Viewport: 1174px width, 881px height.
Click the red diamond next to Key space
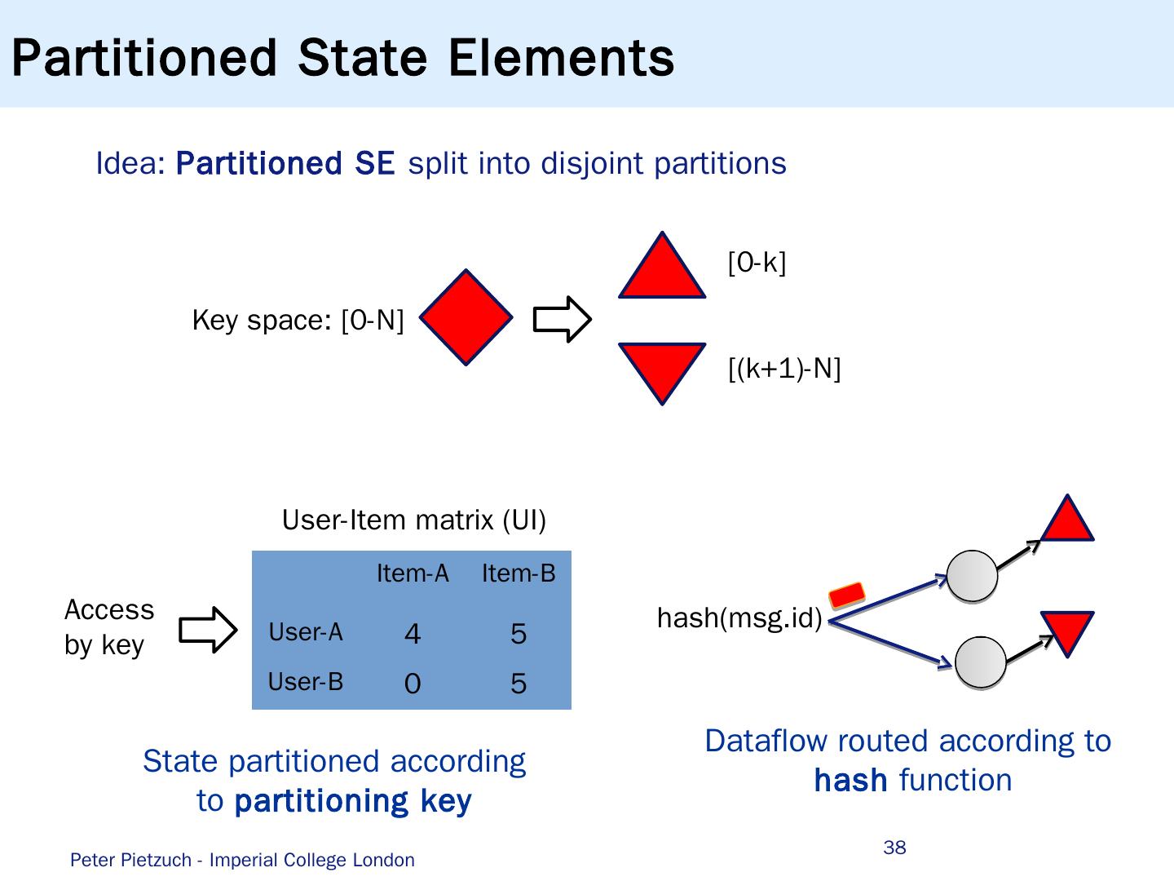click(x=466, y=317)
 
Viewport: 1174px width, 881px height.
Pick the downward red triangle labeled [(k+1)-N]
click(x=662, y=366)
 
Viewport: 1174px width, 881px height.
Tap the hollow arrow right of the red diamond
click(x=562, y=319)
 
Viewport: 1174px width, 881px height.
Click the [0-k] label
click(x=757, y=263)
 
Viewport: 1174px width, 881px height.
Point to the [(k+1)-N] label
click(x=784, y=369)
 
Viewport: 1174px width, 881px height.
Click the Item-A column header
click(x=413, y=573)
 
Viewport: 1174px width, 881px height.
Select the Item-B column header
click(x=519, y=573)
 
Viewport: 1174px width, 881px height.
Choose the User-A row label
click(x=306, y=632)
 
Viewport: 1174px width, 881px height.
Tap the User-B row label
click(x=306, y=681)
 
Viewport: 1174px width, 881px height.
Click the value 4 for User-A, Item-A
click(x=413, y=634)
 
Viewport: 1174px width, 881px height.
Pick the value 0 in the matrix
click(x=413, y=684)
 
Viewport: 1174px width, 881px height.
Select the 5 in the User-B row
click(x=519, y=684)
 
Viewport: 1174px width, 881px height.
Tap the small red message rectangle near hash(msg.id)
click(x=846, y=595)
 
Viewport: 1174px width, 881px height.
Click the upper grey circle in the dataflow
click(x=972, y=575)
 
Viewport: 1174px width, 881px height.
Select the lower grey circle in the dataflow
click(x=981, y=663)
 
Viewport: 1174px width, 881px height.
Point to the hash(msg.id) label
click(x=739, y=619)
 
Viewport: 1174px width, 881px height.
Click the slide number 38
click(x=894, y=848)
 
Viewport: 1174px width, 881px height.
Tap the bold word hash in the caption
click(x=850, y=781)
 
